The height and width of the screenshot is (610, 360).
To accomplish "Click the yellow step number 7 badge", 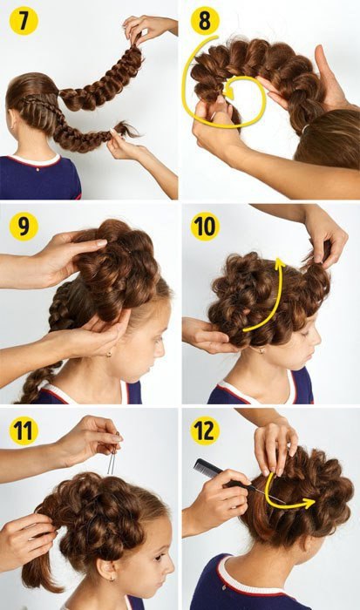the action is point(24,21).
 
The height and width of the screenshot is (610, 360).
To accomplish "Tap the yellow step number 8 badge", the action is point(205,21).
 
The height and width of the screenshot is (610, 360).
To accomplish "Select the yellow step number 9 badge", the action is point(24,226).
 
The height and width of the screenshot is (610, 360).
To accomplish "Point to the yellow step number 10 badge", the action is point(205,226).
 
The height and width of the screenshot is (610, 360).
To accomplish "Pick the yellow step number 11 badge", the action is point(24,430).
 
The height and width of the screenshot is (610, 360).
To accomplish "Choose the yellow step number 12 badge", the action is point(205,430).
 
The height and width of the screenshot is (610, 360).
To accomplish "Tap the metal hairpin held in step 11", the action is point(113,454).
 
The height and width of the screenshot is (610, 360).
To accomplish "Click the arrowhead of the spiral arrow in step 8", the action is point(229,92).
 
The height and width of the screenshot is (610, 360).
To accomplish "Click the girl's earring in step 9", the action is point(109,354).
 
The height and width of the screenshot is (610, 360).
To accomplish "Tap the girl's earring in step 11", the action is point(112,579).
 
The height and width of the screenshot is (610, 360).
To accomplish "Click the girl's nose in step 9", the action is point(160,348).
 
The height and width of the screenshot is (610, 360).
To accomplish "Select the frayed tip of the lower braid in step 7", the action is point(126,130).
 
